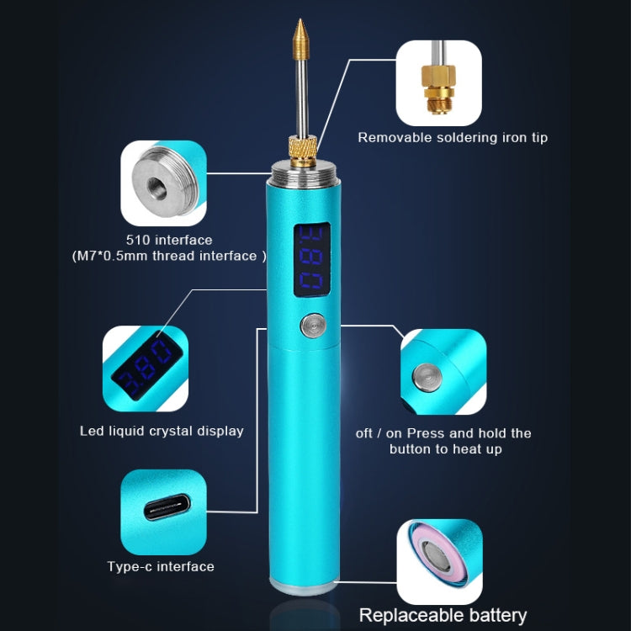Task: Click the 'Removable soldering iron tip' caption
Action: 453,137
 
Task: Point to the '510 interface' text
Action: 169,240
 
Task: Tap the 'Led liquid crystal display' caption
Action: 162,431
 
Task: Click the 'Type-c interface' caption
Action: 161,566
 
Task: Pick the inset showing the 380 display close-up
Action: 146,369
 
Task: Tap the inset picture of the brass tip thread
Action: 439,82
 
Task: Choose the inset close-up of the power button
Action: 443,372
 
